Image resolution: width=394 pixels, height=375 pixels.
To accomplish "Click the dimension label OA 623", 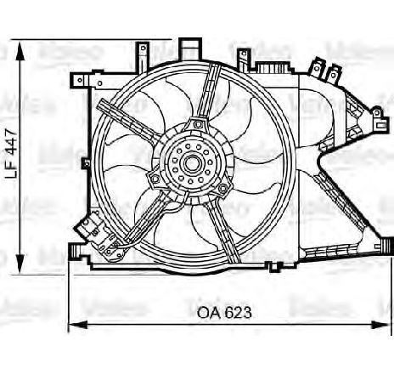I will click(226, 313).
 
